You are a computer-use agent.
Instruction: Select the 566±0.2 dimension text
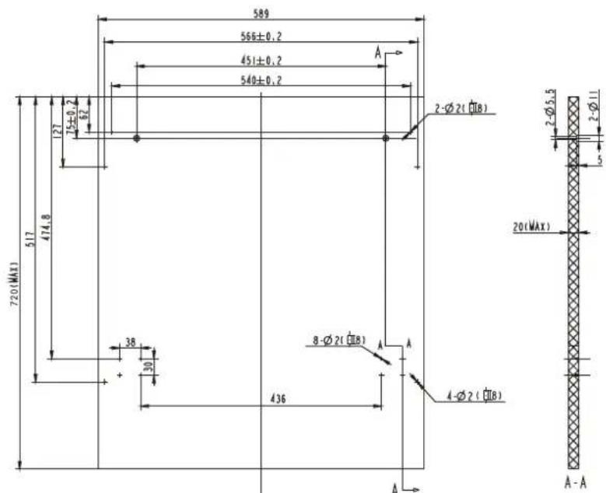(260, 36)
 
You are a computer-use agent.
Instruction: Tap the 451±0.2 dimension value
(261, 60)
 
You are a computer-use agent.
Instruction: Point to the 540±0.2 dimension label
(261, 80)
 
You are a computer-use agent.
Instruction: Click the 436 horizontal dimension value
(278, 398)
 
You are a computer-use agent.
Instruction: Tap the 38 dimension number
(130, 341)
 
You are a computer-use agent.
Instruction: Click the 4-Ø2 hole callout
(474, 397)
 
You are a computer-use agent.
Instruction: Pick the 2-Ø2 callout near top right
(461, 108)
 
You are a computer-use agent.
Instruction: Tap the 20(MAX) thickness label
(531, 227)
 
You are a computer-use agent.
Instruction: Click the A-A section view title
(576, 482)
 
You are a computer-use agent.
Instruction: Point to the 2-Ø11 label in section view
(595, 107)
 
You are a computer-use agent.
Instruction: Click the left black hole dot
(136, 138)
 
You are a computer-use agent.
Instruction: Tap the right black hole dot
(385, 138)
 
